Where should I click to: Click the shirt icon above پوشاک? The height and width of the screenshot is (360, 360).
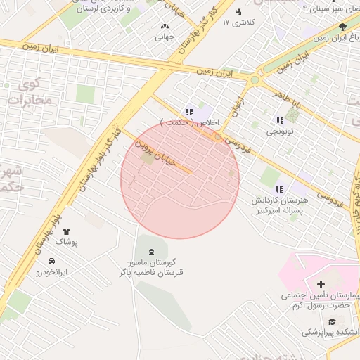click(67, 231)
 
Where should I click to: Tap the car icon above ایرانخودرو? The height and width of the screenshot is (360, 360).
click(51, 261)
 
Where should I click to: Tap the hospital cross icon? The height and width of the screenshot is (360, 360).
click(321, 285)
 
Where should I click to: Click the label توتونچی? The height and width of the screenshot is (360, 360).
click(280, 131)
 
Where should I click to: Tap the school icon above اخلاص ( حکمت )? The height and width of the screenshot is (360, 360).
click(189, 112)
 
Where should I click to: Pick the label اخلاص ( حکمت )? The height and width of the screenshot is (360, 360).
click(190, 123)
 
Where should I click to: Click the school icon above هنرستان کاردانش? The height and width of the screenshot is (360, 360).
click(280, 188)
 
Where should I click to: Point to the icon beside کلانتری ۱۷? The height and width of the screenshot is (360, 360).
click(238, 11)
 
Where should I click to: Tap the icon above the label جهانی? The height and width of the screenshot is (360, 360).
click(165, 26)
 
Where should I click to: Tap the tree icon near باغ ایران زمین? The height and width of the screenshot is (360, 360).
click(342, 27)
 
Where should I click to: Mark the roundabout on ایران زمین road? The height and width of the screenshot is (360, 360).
click(255, 79)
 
